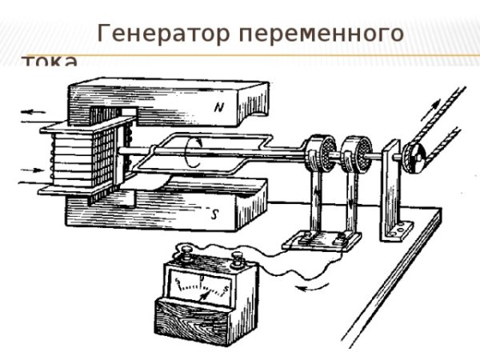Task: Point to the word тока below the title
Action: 50,62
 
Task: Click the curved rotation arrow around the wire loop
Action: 191,152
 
